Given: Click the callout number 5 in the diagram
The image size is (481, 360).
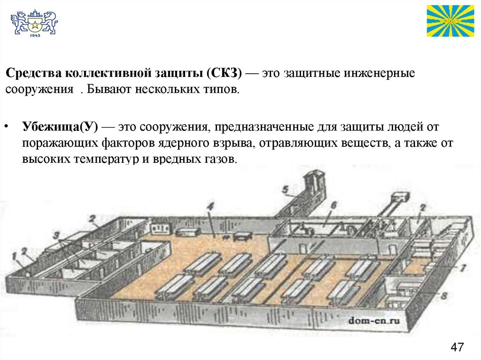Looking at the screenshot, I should click(285, 190).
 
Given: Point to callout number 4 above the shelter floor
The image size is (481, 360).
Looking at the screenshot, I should click(210, 206).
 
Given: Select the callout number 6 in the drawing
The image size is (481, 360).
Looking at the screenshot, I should click(333, 205).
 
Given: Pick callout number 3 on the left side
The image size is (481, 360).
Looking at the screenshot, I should click(56, 233).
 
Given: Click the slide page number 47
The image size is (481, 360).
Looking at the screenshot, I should click(457, 347).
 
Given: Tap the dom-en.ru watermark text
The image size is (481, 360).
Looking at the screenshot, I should click(374, 321).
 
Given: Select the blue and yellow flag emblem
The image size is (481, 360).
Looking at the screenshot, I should click(450, 21).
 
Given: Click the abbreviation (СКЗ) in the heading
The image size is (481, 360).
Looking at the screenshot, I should click(224, 74).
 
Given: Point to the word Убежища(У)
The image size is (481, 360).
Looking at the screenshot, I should click(59, 127).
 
